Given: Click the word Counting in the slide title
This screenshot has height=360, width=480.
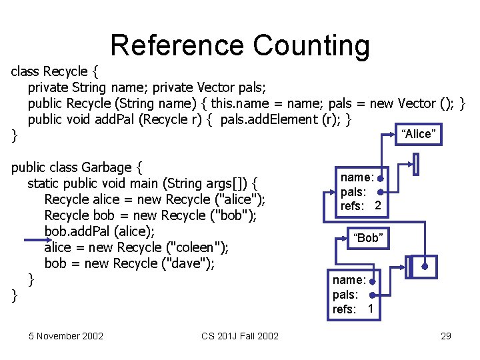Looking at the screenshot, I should click(x=311, y=45).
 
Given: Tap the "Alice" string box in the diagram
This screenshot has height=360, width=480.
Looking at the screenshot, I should click(x=418, y=133).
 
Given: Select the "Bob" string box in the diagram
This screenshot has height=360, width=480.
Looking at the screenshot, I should click(x=368, y=238).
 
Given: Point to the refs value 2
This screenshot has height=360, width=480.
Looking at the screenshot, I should click(x=378, y=206).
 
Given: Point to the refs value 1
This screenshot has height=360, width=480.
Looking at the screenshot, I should click(x=370, y=309).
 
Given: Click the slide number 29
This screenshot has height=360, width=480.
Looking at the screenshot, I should click(x=446, y=336).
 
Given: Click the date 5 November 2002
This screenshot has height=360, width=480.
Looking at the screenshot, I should click(x=66, y=336).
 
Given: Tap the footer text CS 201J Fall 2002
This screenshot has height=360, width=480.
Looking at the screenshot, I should click(x=240, y=336).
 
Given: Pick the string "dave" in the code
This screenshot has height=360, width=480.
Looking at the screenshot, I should click(x=189, y=263).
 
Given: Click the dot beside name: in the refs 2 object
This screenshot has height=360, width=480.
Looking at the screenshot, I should click(x=379, y=179).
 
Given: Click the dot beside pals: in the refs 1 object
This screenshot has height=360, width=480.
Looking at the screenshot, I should click(x=371, y=295).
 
